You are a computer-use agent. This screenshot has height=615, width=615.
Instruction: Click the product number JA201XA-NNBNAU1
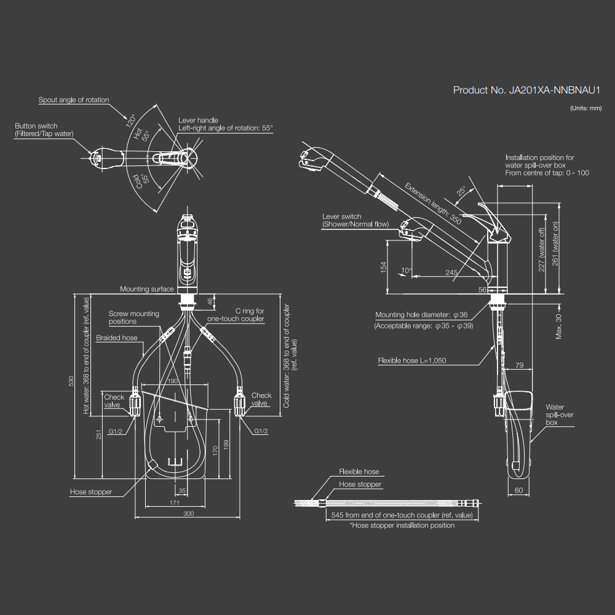pos(526,90)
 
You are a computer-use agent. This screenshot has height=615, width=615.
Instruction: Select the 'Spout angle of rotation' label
pos(73,100)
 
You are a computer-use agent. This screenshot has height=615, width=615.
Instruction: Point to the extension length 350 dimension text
pos(433,202)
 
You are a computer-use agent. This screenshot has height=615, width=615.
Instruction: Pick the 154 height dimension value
pos(383,268)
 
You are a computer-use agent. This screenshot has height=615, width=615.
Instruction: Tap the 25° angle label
pos(462,192)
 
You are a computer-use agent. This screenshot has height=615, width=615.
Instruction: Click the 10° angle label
pos(405,271)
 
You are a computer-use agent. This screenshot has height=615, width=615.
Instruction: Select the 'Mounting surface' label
pos(147,289)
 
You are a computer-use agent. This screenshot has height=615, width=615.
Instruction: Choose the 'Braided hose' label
pos(117,338)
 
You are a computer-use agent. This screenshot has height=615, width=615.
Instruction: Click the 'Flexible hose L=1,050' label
pos(411,361)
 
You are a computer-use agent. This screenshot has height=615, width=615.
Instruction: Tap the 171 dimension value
pos(174,502)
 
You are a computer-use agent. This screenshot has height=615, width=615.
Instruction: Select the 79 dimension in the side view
pos(519,365)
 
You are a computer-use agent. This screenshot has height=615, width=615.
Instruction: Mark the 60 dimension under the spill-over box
pos(518,490)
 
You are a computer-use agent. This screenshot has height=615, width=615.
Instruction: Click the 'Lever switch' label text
pos(341,216)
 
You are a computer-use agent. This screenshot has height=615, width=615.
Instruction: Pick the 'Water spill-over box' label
pos(560,415)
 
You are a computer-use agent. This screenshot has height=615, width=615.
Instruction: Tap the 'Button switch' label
pos(36,126)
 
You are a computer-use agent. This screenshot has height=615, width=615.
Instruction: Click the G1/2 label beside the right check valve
pos(261,431)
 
